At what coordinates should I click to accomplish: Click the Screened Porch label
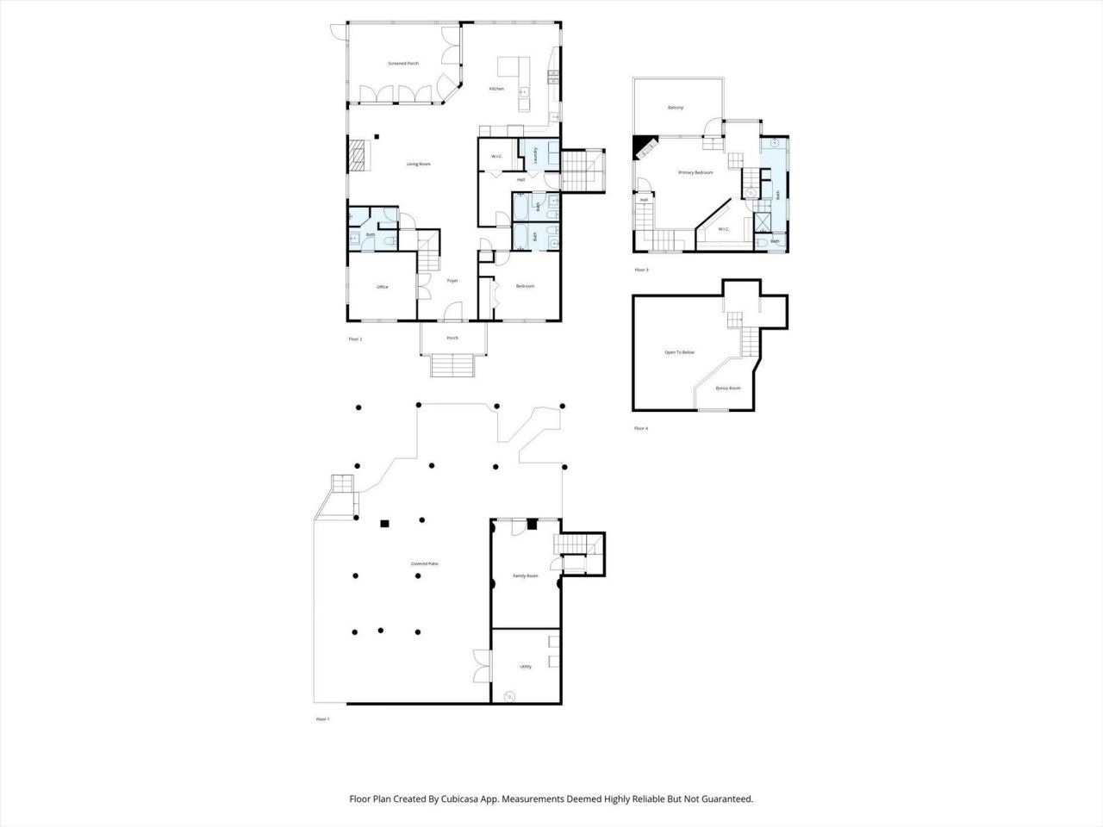[403, 64]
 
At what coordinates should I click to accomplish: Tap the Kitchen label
[496, 89]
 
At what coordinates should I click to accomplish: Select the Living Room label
[419, 164]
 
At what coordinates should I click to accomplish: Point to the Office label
[383, 287]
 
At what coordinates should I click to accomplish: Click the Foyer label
[452, 281]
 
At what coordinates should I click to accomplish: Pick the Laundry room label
[536, 155]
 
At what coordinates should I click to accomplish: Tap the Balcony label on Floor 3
[676, 108]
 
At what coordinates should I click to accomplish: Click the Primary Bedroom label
[695, 173]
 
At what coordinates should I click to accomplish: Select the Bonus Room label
[728, 389]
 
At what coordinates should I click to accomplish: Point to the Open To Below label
[679, 352]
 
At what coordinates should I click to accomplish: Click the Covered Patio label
[425, 563]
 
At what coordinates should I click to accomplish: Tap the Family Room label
[526, 575]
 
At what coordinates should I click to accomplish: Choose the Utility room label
[526, 667]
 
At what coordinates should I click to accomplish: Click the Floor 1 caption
[323, 718]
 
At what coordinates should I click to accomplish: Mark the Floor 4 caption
[641, 428]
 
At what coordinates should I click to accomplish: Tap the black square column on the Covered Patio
[385, 523]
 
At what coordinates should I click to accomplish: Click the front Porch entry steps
[452, 366]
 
